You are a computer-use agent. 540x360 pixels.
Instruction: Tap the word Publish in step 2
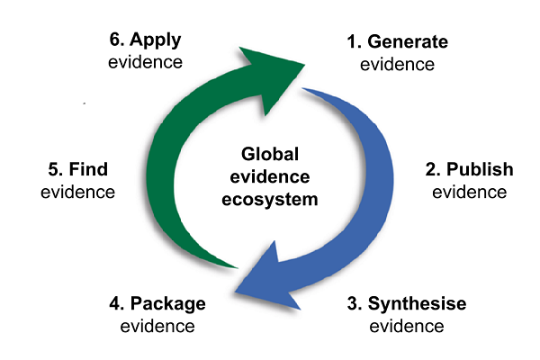481,169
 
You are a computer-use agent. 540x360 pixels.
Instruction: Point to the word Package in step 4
167,303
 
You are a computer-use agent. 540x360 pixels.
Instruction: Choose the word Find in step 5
91,169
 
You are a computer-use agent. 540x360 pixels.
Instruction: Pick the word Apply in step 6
157,40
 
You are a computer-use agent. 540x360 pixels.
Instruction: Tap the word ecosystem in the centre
270,196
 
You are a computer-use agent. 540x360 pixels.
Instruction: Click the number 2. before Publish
433,169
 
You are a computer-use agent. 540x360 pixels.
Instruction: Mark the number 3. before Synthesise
354,303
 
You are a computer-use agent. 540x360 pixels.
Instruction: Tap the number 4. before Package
117,303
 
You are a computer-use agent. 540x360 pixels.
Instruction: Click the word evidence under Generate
397,64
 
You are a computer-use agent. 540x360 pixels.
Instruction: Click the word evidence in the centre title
270,175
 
